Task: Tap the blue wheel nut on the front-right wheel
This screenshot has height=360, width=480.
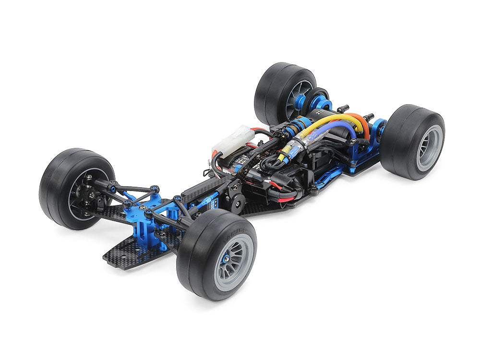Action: coord(226,258)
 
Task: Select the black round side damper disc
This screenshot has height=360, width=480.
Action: coord(236,202)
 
